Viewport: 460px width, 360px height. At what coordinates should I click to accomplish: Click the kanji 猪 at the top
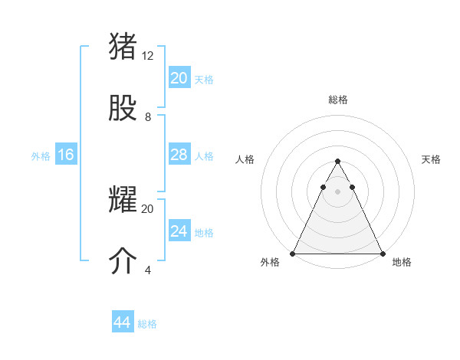tap(123, 46)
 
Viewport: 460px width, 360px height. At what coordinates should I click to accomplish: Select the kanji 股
tap(123, 108)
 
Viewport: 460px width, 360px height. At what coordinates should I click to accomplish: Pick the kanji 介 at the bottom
tap(123, 261)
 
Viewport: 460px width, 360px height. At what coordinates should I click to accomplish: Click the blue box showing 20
tap(179, 78)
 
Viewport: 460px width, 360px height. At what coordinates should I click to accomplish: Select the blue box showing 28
tap(179, 155)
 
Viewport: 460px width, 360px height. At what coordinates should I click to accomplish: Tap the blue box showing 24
tap(179, 231)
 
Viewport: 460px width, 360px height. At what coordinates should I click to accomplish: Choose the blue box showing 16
tap(65, 155)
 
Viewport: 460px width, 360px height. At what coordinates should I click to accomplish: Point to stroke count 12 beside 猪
tap(148, 55)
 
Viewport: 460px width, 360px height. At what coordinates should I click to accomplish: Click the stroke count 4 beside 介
tap(148, 270)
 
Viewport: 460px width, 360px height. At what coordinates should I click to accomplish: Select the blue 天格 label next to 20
tap(204, 80)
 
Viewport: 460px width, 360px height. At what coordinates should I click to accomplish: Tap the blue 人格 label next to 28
tap(204, 156)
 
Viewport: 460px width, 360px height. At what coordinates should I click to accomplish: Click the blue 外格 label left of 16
tap(41, 156)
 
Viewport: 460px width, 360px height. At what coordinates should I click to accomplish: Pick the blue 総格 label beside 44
tap(147, 324)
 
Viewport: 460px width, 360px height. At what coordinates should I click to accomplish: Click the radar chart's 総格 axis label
tap(337, 100)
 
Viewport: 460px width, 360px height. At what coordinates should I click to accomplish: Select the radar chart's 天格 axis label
tap(431, 159)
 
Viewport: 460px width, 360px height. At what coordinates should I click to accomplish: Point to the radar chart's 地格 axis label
tap(402, 263)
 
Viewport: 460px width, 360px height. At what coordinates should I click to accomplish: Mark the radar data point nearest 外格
tap(293, 254)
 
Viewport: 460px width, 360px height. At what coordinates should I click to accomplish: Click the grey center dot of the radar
tap(337, 191)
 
